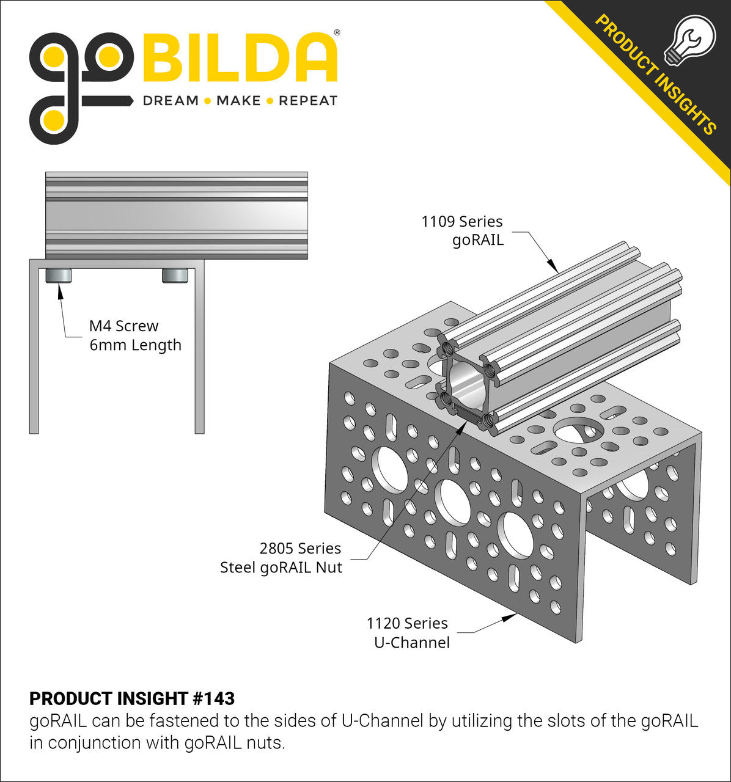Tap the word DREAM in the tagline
pyautogui.click(x=171, y=101)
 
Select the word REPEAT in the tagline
pyautogui.click(x=308, y=101)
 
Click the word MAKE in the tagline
pyautogui.click(x=238, y=101)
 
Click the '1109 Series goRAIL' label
pyautogui.click(x=462, y=230)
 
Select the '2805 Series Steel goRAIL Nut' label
pyautogui.click(x=282, y=558)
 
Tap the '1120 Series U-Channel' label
pyautogui.click(x=408, y=633)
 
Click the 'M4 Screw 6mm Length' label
pyautogui.click(x=135, y=335)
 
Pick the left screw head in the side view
pyautogui.click(x=59, y=276)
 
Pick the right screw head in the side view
pyautogui.click(x=174, y=276)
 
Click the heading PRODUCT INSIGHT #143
pyautogui.click(x=132, y=698)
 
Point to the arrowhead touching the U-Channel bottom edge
pyautogui.click(x=509, y=618)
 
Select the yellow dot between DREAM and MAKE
pyautogui.click(x=208, y=101)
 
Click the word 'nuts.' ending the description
pyautogui.click(x=268, y=743)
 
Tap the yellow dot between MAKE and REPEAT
pyautogui.click(x=270, y=101)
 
